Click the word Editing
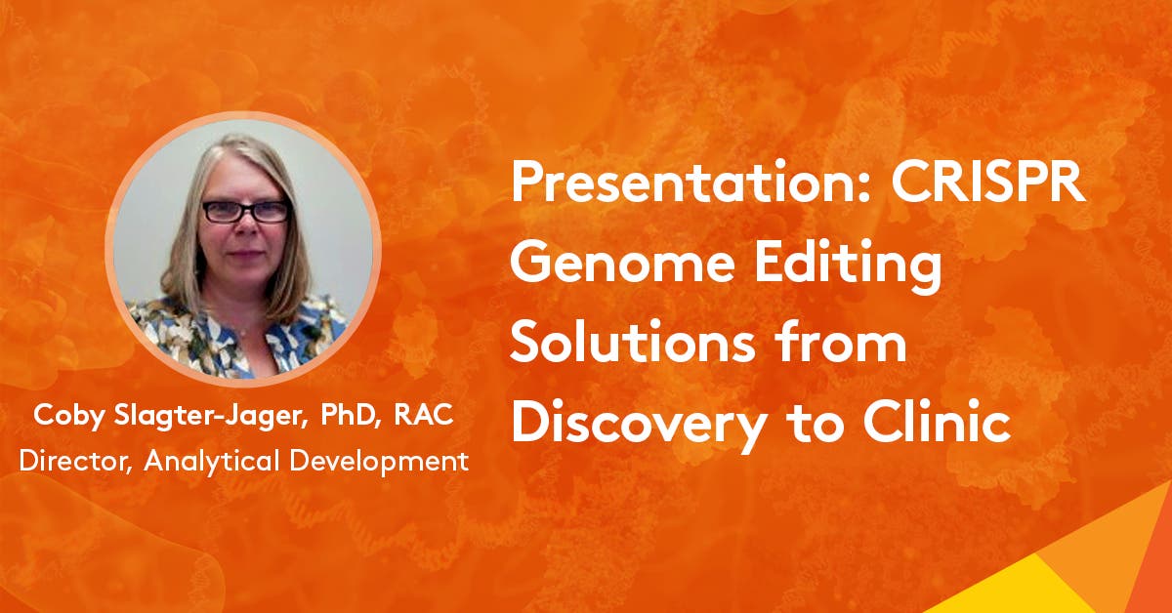(853, 267)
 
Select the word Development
(388, 460)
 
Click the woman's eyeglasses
(245, 211)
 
